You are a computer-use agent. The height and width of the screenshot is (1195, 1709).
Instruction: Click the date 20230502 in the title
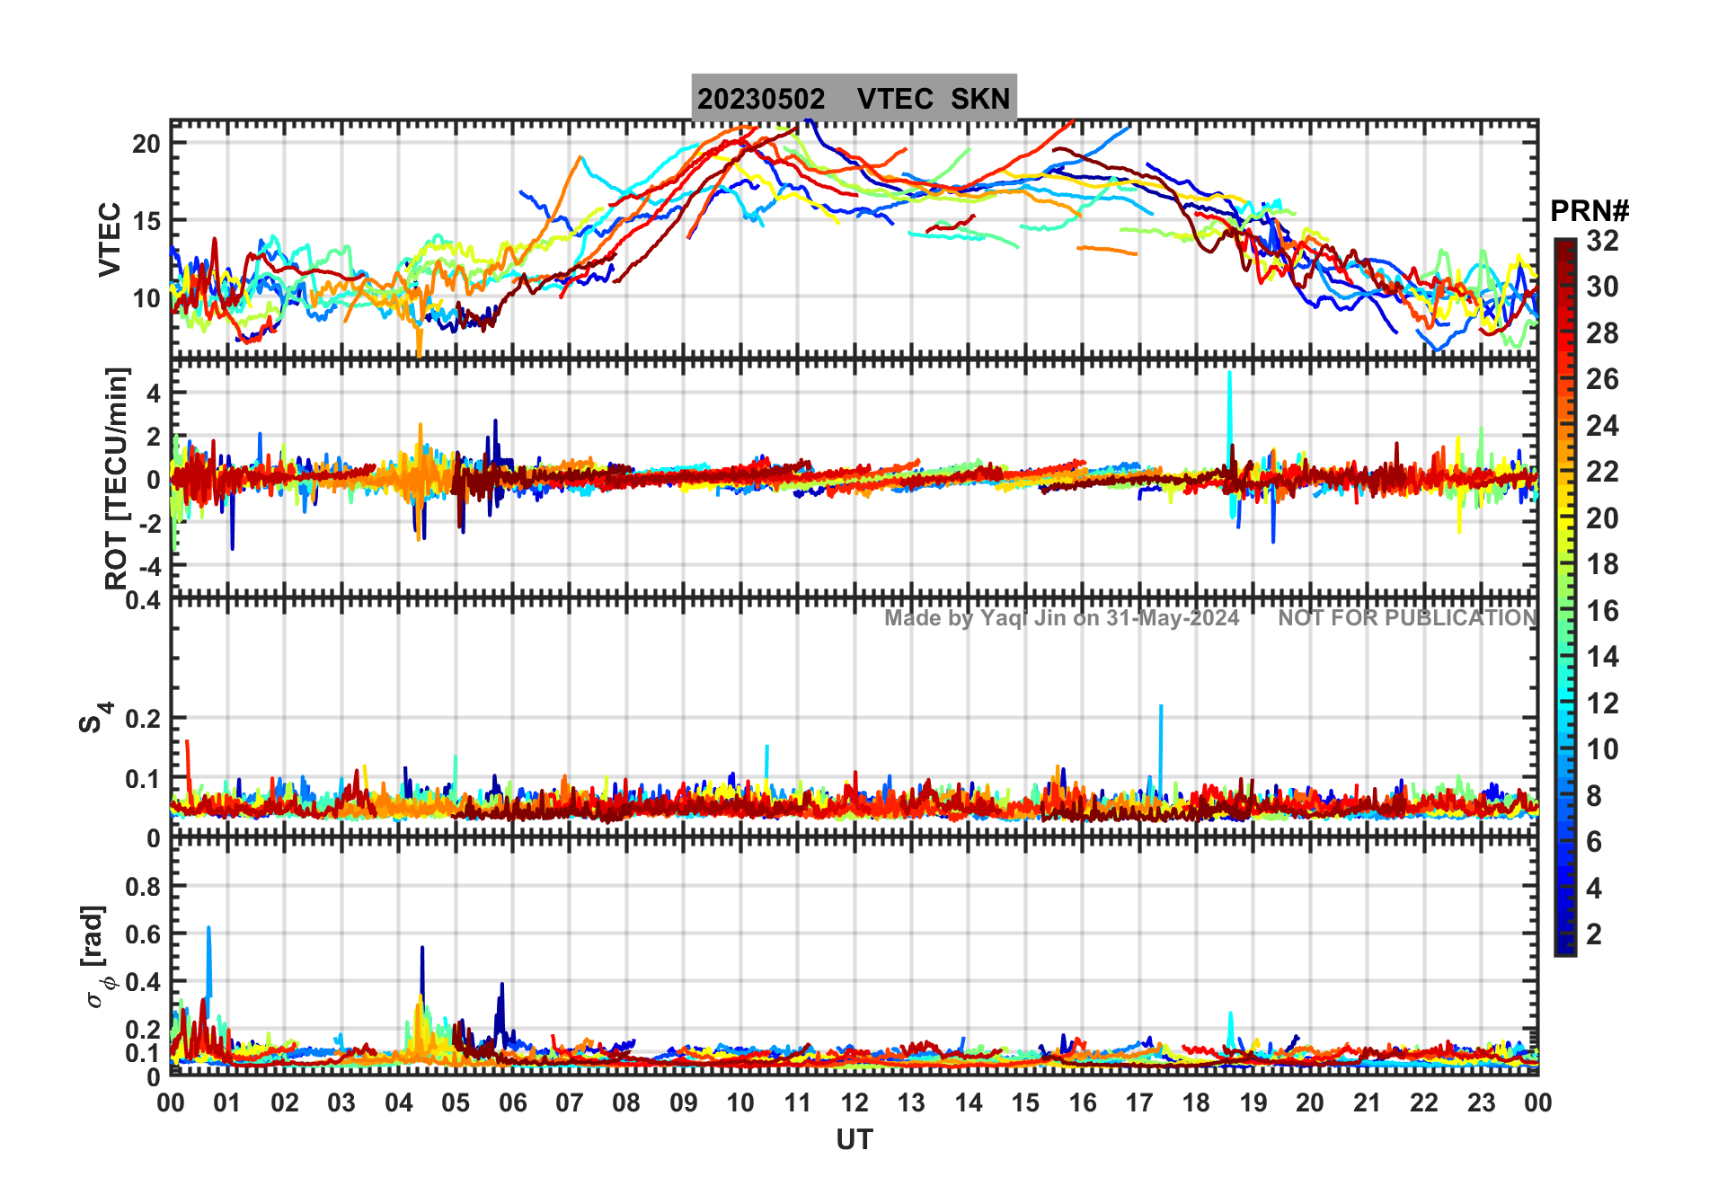pos(761,99)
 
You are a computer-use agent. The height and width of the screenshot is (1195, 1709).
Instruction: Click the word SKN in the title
pos(980,99)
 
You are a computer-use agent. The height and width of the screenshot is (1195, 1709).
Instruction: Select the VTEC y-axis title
pos(110,239)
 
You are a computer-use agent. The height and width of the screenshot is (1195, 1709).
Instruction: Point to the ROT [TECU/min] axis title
pos(117,478)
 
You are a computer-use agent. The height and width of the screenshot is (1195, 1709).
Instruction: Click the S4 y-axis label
pos(93,718)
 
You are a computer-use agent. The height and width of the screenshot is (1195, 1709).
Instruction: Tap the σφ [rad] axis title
pos(97,956)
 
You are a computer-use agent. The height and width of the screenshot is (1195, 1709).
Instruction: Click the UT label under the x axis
pos(854,1140)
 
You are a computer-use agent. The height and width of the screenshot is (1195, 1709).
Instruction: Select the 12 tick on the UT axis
pos(854,1103)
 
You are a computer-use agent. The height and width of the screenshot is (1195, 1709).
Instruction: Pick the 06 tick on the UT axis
pos(512,1103)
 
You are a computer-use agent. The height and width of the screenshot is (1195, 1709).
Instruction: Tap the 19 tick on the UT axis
pos(1253,1103)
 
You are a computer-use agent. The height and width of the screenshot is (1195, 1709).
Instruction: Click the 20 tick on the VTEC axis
pos(146,144)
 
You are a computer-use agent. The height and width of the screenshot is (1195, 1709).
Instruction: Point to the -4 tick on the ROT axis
pos(148,566)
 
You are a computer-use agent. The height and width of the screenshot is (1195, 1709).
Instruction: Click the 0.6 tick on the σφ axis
pos(144,934)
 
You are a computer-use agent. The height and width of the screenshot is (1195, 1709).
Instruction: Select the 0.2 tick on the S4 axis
pos(144,719)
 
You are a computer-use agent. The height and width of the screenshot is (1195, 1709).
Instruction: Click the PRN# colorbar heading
pos(1589,211)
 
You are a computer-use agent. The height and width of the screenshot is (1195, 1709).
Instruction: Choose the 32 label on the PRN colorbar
pos(1602,241)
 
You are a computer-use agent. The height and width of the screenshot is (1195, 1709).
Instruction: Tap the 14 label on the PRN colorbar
pos(1602,657)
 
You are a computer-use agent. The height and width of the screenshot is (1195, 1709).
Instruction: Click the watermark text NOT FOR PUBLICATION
pos(1407,618)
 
